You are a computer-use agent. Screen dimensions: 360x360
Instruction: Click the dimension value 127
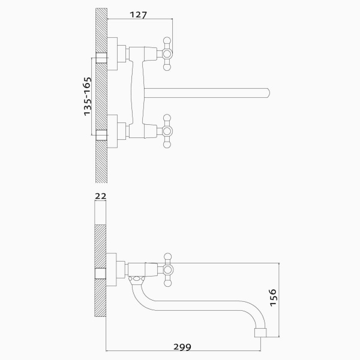tap(138, 15)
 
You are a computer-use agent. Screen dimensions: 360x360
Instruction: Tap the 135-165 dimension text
tap(87, 97)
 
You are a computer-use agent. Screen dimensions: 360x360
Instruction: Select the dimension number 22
tap(101, 196)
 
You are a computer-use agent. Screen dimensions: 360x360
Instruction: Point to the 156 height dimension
tap(273, 298)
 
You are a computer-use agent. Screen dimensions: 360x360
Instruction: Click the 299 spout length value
tap(182, 347)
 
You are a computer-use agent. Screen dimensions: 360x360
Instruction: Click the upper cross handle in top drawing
tap(167, 54)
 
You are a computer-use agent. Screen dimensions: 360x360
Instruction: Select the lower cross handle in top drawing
tap(167, 131)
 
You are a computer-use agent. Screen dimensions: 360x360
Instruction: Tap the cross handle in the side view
tap(168, 270)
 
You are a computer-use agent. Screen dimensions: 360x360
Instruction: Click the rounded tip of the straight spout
tap(268, 93)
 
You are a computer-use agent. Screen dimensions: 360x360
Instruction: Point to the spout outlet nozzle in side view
tap(260, 332)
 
